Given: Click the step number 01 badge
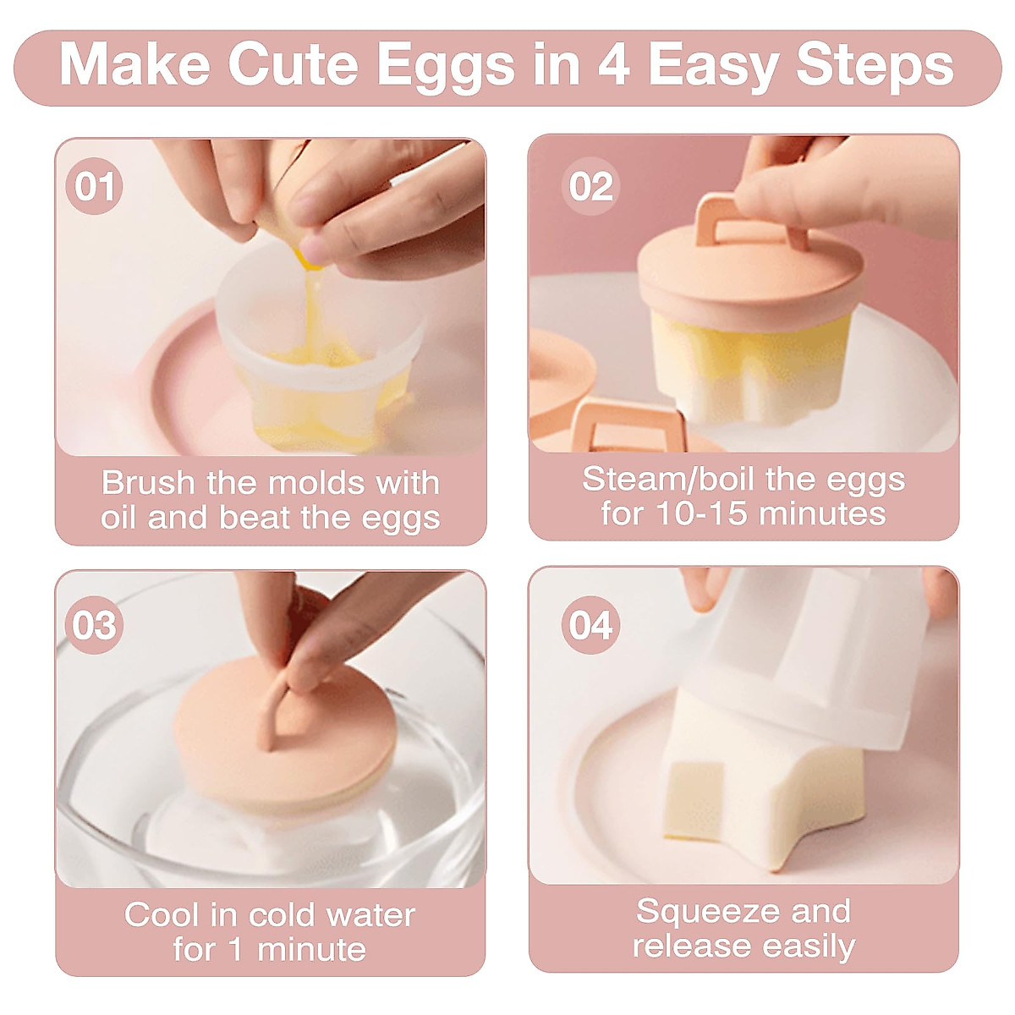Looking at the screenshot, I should tap(94, 186).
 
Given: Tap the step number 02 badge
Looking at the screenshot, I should tap(590, 186).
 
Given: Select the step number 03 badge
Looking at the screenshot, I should tap(94, 626).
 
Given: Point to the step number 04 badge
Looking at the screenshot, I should tap(590, 626).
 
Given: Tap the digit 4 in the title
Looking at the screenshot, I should tap(613, 65).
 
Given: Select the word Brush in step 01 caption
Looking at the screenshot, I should tap(148, 483).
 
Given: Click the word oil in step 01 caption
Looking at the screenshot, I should tap(118, 518).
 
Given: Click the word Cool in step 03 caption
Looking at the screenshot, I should tap(161, 914).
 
